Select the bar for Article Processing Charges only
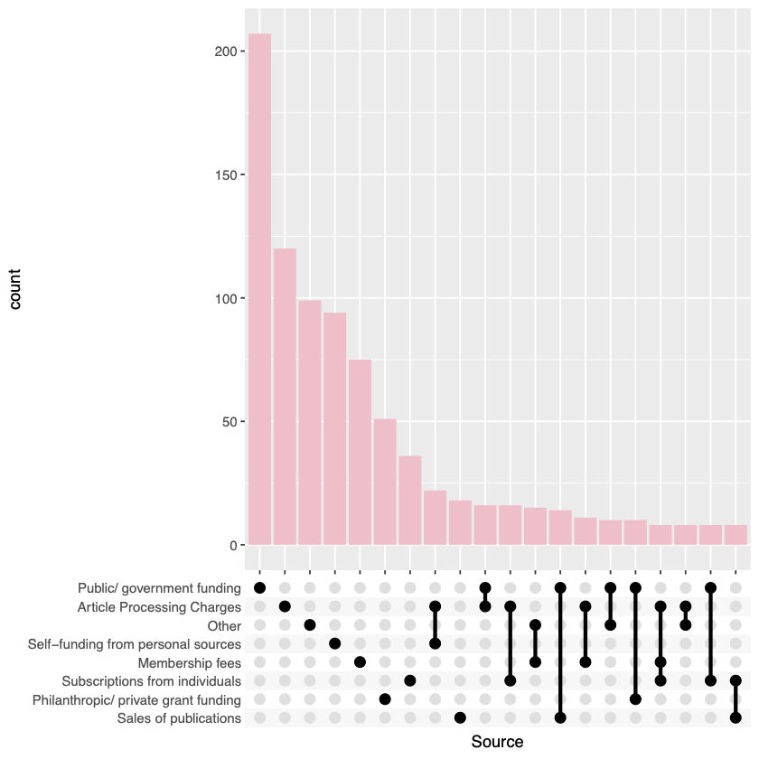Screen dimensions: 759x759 click(285, 398)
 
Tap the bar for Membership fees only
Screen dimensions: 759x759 click(360, 452)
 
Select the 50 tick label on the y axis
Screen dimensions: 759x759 click(230, 422)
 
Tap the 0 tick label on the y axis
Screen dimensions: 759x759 click(233, 546)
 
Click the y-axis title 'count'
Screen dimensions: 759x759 click(15, 289)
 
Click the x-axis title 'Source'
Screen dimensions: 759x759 click(497, 742)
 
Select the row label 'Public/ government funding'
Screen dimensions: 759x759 click(159, 588)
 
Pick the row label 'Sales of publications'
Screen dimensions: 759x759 click(179, 718)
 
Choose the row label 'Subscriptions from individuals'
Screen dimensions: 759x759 click(151, 681)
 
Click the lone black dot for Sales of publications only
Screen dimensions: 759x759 click(460, 718)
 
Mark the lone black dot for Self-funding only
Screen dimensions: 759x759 click(334, 644)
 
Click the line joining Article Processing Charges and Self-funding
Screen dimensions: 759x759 click(435, 625)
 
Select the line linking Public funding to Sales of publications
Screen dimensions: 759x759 click(560, 653)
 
